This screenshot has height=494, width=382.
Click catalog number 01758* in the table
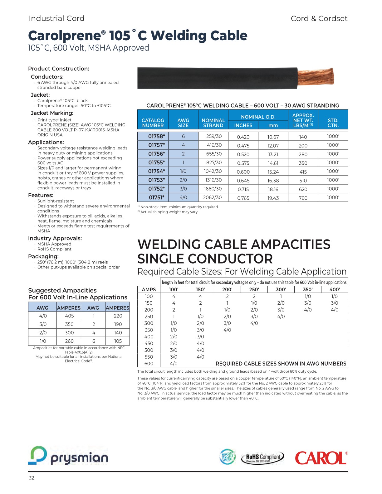pyautogui.click(x=156, y=136)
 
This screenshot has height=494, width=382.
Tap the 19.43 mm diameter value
pyautogui.click(x=273, y=198)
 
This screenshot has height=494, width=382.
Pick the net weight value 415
pyautogui.click(x=303, y=172)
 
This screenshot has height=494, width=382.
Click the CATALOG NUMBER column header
pyautogui.click(x=153, y=123)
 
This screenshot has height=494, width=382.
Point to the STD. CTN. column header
pyautogui.click(x=333, y=123)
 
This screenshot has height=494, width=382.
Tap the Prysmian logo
pyautogui.click(x=68, y=456)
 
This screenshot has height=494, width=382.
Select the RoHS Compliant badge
pyautogui.click(x=263, y=458)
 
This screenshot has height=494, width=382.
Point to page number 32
pyautogui.click(x=32, y=478)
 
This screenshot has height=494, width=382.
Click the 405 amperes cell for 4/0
pyautogui.click(x=69, y=316)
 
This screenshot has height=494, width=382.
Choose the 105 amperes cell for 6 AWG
pyautogui.click(x=118, y=341)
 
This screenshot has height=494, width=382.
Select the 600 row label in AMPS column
pyautogui.click(x=149, y=364)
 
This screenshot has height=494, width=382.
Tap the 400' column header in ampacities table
pyautogui.click(x=334, y=289)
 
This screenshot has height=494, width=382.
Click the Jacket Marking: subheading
pyautogui.click(x=52, y=113)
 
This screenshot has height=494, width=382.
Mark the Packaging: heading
pyautogui.click(x=43, y=256)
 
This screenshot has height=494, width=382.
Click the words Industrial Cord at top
pyautogui.click(x=56, y=18)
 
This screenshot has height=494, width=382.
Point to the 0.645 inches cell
pyautogui.click(x=243, y=181)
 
